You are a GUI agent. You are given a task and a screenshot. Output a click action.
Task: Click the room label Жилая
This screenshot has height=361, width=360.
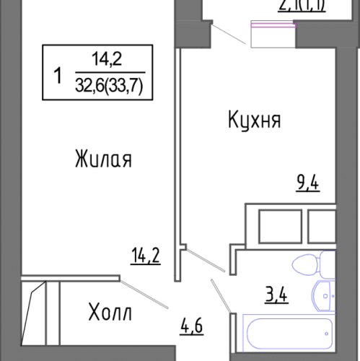tap(102, 158)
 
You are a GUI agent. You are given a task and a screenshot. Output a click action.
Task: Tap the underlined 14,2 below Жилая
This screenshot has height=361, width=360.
tap(144, 256)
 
